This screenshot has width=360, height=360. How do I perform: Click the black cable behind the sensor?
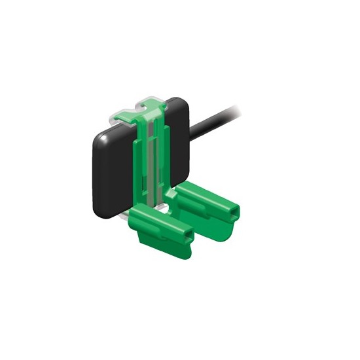point(216,120)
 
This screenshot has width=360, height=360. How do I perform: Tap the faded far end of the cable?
point(245,105)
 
